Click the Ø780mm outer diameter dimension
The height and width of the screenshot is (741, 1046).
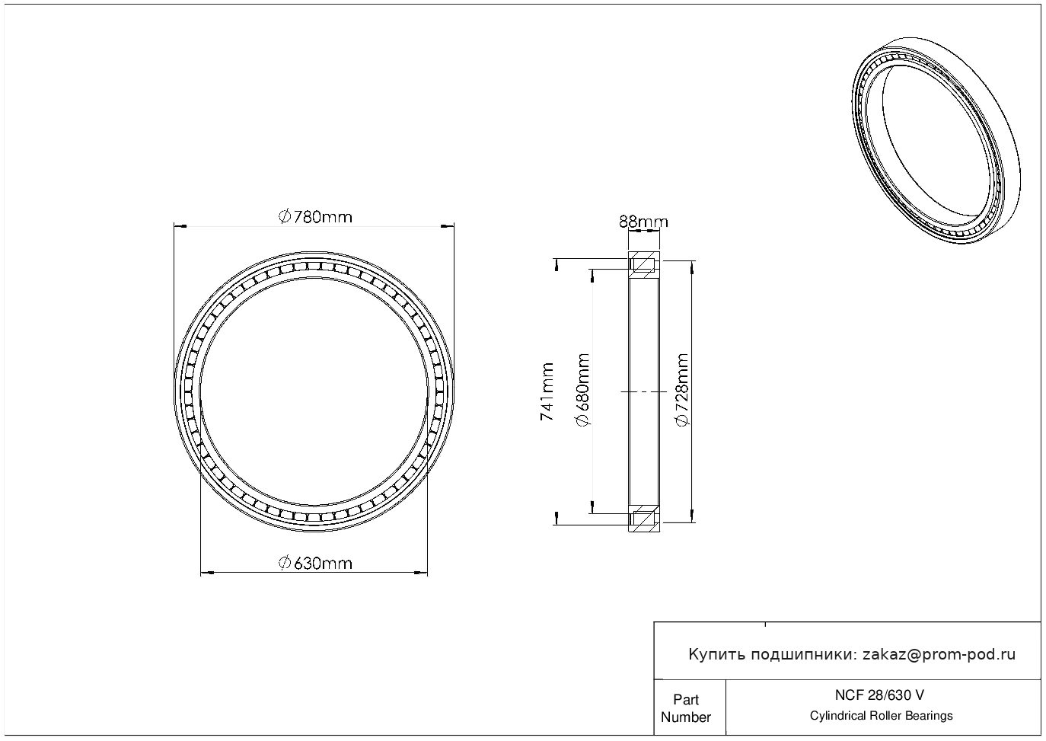(315, 217)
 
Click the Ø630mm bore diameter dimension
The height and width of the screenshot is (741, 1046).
(315, 564)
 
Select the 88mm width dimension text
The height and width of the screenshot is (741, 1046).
(643, 222)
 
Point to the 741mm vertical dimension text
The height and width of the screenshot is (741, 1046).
(547, 391)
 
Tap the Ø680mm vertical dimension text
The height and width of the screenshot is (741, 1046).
(583, 390)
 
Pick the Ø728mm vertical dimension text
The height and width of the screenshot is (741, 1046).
(682, 390)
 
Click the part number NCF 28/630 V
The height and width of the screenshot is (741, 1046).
(880, 695)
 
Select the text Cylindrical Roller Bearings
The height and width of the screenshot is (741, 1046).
(881, 715)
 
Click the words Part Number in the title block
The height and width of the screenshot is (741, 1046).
(685, 708)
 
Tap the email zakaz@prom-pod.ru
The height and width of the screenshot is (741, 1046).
(939, 655)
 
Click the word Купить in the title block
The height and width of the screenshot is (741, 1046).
(717, 655)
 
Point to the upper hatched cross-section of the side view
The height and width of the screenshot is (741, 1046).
(644, 264)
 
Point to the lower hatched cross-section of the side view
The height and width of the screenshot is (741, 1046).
(644, 519)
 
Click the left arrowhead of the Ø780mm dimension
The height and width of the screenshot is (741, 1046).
(180, 227)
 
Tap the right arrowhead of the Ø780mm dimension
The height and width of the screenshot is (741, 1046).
(448, 227)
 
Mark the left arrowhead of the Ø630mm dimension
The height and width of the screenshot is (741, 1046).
(207, 573)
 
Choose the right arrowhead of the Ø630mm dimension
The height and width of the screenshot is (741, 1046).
(421, 573)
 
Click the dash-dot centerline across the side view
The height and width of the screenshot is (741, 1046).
(644, 392)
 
